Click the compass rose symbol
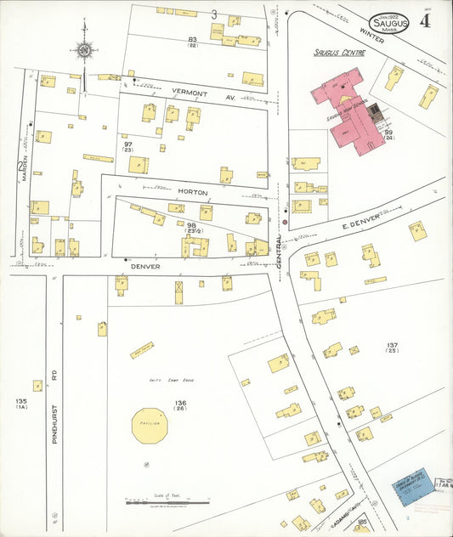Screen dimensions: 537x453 click(83, 49)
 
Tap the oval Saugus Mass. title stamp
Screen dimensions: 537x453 click(389, 24)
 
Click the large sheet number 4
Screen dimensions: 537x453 click(424, 20)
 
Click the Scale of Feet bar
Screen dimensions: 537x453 click(167, 503)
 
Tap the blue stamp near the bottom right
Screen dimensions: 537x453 click(413, 488)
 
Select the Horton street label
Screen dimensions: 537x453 click(192, 193)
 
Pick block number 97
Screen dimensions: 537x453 click(128, 145)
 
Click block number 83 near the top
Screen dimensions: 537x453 click(193, 40)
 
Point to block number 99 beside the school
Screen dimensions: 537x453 click(388, 133)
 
